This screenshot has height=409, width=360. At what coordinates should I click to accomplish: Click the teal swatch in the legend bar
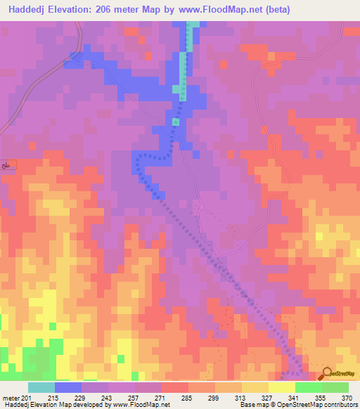[x=41, y=387]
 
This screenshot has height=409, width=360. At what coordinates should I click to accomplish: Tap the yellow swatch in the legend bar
[x=281, y=387]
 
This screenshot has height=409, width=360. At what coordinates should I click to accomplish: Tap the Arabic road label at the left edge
[x=7, y=164]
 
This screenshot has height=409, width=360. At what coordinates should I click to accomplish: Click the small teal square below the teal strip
[x=176, y=122]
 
